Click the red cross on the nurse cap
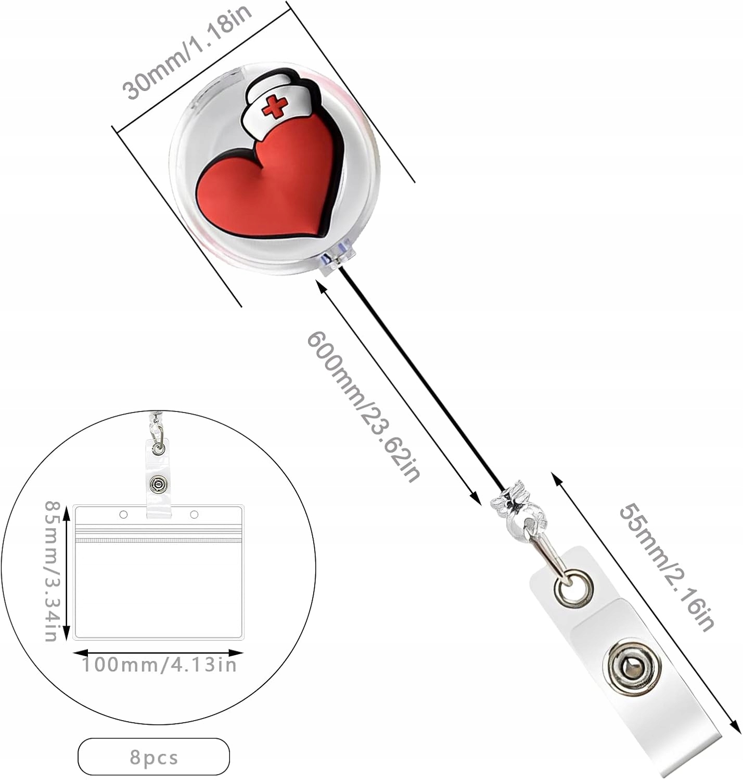pyautogui.click(x=275, y=107)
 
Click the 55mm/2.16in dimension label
pyautogui.click(x=666, y=567)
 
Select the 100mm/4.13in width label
pyautogui.click(x=159, y=665)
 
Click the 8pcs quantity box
pyautogui.click(x=153, y=757)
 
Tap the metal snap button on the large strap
pyautogui.click(x=632, y=668)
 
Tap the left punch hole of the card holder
pyautogui.click(x=123, y=515)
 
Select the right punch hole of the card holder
pyautogui.click(x=194, y=515)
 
